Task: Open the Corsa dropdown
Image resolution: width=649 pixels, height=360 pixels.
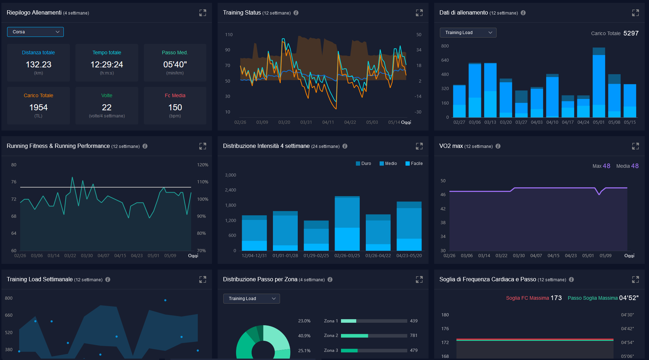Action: (x=35, y=32)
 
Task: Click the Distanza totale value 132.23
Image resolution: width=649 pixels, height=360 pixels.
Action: (x=38, y=65)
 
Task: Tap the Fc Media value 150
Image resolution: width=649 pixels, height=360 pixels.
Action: (x=175, y=107)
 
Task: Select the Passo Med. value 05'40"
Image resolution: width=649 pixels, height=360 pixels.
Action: (x=175, y=65)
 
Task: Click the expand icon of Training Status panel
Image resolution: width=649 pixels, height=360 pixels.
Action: (x=419, y=13)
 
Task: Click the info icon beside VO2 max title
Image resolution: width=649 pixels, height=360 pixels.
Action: (x=498, y=146)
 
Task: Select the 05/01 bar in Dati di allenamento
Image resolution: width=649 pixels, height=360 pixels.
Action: (x=599, y=82)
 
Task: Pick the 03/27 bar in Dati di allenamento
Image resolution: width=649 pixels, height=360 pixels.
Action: (x=521, y=104)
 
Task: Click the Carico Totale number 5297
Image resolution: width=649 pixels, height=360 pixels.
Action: (x=631, y=33)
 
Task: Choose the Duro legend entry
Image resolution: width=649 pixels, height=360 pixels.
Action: (x=364, y=164)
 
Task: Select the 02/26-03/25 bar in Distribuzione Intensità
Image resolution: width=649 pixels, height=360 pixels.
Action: (x=347, y=223)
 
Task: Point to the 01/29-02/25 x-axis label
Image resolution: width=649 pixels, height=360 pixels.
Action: (x=316, y=256)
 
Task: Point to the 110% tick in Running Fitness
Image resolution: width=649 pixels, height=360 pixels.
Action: (x=203, y=182)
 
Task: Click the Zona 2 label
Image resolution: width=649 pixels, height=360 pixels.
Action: (x=331, y=336)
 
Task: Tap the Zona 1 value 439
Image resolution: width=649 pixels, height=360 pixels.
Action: (x=414, y=321)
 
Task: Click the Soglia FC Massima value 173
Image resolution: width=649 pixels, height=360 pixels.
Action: (x=556, y=298)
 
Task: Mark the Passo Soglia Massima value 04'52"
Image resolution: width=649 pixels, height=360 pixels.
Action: (x=629, y=298)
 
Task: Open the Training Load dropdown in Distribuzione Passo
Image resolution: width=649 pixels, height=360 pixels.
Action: (x=251, y=299)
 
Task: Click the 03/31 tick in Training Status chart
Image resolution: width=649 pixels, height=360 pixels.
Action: (x=306, y=122)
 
